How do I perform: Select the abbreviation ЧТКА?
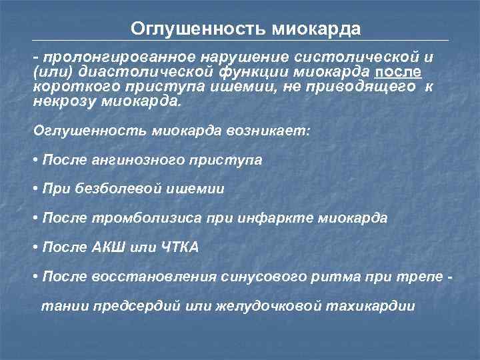tap(180, 247)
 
